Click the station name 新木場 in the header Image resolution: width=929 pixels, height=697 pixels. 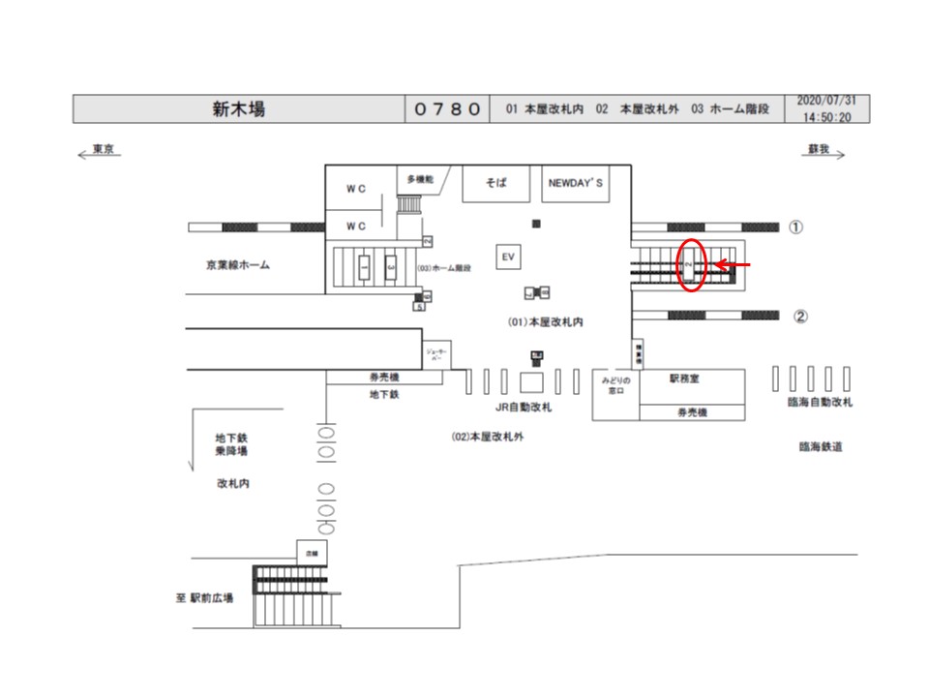point(239,109)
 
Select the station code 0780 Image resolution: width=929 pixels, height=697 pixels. point(447,109)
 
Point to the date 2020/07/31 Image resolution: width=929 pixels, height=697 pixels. point(826,101)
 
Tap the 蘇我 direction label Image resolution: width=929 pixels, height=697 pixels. point(819,150)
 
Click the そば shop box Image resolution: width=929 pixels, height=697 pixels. point(496,183)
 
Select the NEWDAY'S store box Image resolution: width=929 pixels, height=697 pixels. point(576,183)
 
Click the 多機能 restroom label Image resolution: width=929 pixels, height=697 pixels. point(420,179)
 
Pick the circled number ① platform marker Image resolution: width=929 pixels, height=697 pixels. point(795,227)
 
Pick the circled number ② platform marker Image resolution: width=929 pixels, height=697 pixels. point(800,316)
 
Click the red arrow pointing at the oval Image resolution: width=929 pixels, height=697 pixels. point(737,263)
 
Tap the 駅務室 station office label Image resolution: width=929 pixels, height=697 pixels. point(684,379)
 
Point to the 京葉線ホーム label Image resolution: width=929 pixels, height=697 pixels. point(238,264)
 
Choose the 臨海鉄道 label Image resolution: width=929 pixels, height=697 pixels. point(821,447)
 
